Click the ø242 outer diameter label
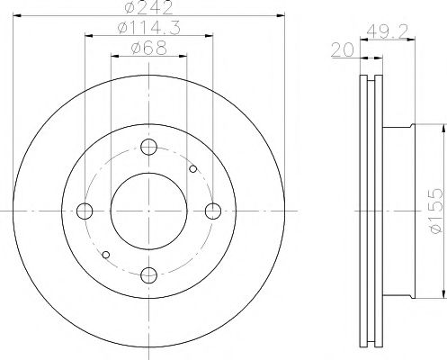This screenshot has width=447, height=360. point(149,9)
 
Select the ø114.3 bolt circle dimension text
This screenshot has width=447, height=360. point(149,29)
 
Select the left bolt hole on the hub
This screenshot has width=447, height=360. point(85,211)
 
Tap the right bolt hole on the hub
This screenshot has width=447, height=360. point(213,211)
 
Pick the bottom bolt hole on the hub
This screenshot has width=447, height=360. point(149,274)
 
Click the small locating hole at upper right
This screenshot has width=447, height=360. point(193,168)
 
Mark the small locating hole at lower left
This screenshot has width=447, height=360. point(105,255)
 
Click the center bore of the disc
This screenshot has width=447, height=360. point(149,211)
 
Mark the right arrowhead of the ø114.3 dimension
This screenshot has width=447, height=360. point(210,36)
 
